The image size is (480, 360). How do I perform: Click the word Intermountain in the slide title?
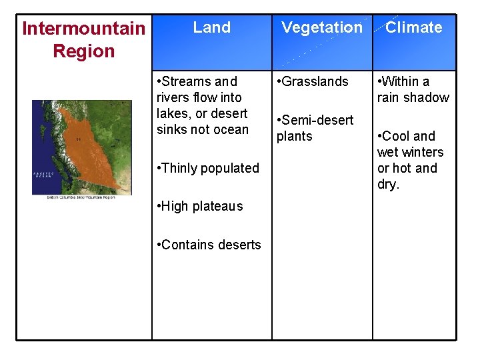click(83, 29)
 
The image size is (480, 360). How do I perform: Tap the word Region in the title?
click(83, 51)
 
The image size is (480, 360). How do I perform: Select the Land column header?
click(211, 27)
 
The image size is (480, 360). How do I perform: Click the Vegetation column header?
click(322, 27)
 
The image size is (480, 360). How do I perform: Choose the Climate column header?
click(413, 27)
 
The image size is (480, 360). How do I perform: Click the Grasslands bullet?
click(313, 81)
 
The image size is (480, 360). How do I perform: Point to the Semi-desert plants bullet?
click(315, 128)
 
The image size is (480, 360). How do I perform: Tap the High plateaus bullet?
click(200, 206)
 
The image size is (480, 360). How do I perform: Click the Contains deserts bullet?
click(208, 245)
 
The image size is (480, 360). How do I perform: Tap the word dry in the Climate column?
click(387, 185)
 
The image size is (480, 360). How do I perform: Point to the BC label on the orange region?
click(79, 139)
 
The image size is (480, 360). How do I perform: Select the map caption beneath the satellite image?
click(80, 197)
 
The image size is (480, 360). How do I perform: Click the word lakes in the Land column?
click(173, 113)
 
